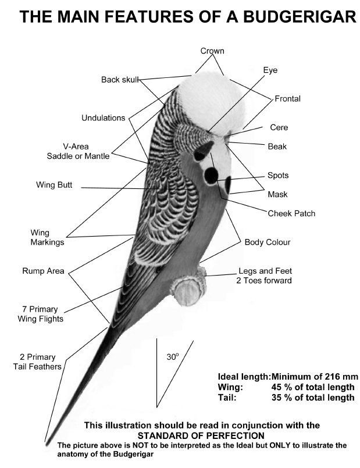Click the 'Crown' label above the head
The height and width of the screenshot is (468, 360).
(212, 51)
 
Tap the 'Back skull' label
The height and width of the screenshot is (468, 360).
(120, 80)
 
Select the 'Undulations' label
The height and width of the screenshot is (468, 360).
(104, 118)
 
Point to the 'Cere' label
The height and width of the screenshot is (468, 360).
(279, 127)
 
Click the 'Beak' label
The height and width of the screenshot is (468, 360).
(277, 147)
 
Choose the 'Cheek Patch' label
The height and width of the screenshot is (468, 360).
(291, 213)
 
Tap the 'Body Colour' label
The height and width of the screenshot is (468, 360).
(268, 242)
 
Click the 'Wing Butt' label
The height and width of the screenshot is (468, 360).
(54, 185)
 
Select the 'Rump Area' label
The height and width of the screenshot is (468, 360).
(43, 271)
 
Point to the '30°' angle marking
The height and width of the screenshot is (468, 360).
(173, 356)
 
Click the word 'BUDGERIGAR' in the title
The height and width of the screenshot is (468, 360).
(300, 16)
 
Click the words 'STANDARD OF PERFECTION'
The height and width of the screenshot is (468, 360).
(201, 435)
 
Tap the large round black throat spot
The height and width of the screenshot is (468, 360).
(211, 175)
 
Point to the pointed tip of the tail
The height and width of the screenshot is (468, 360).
(46, 441)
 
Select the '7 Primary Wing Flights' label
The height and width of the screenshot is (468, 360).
(41, 314)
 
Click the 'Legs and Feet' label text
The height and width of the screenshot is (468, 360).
(265, 271)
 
